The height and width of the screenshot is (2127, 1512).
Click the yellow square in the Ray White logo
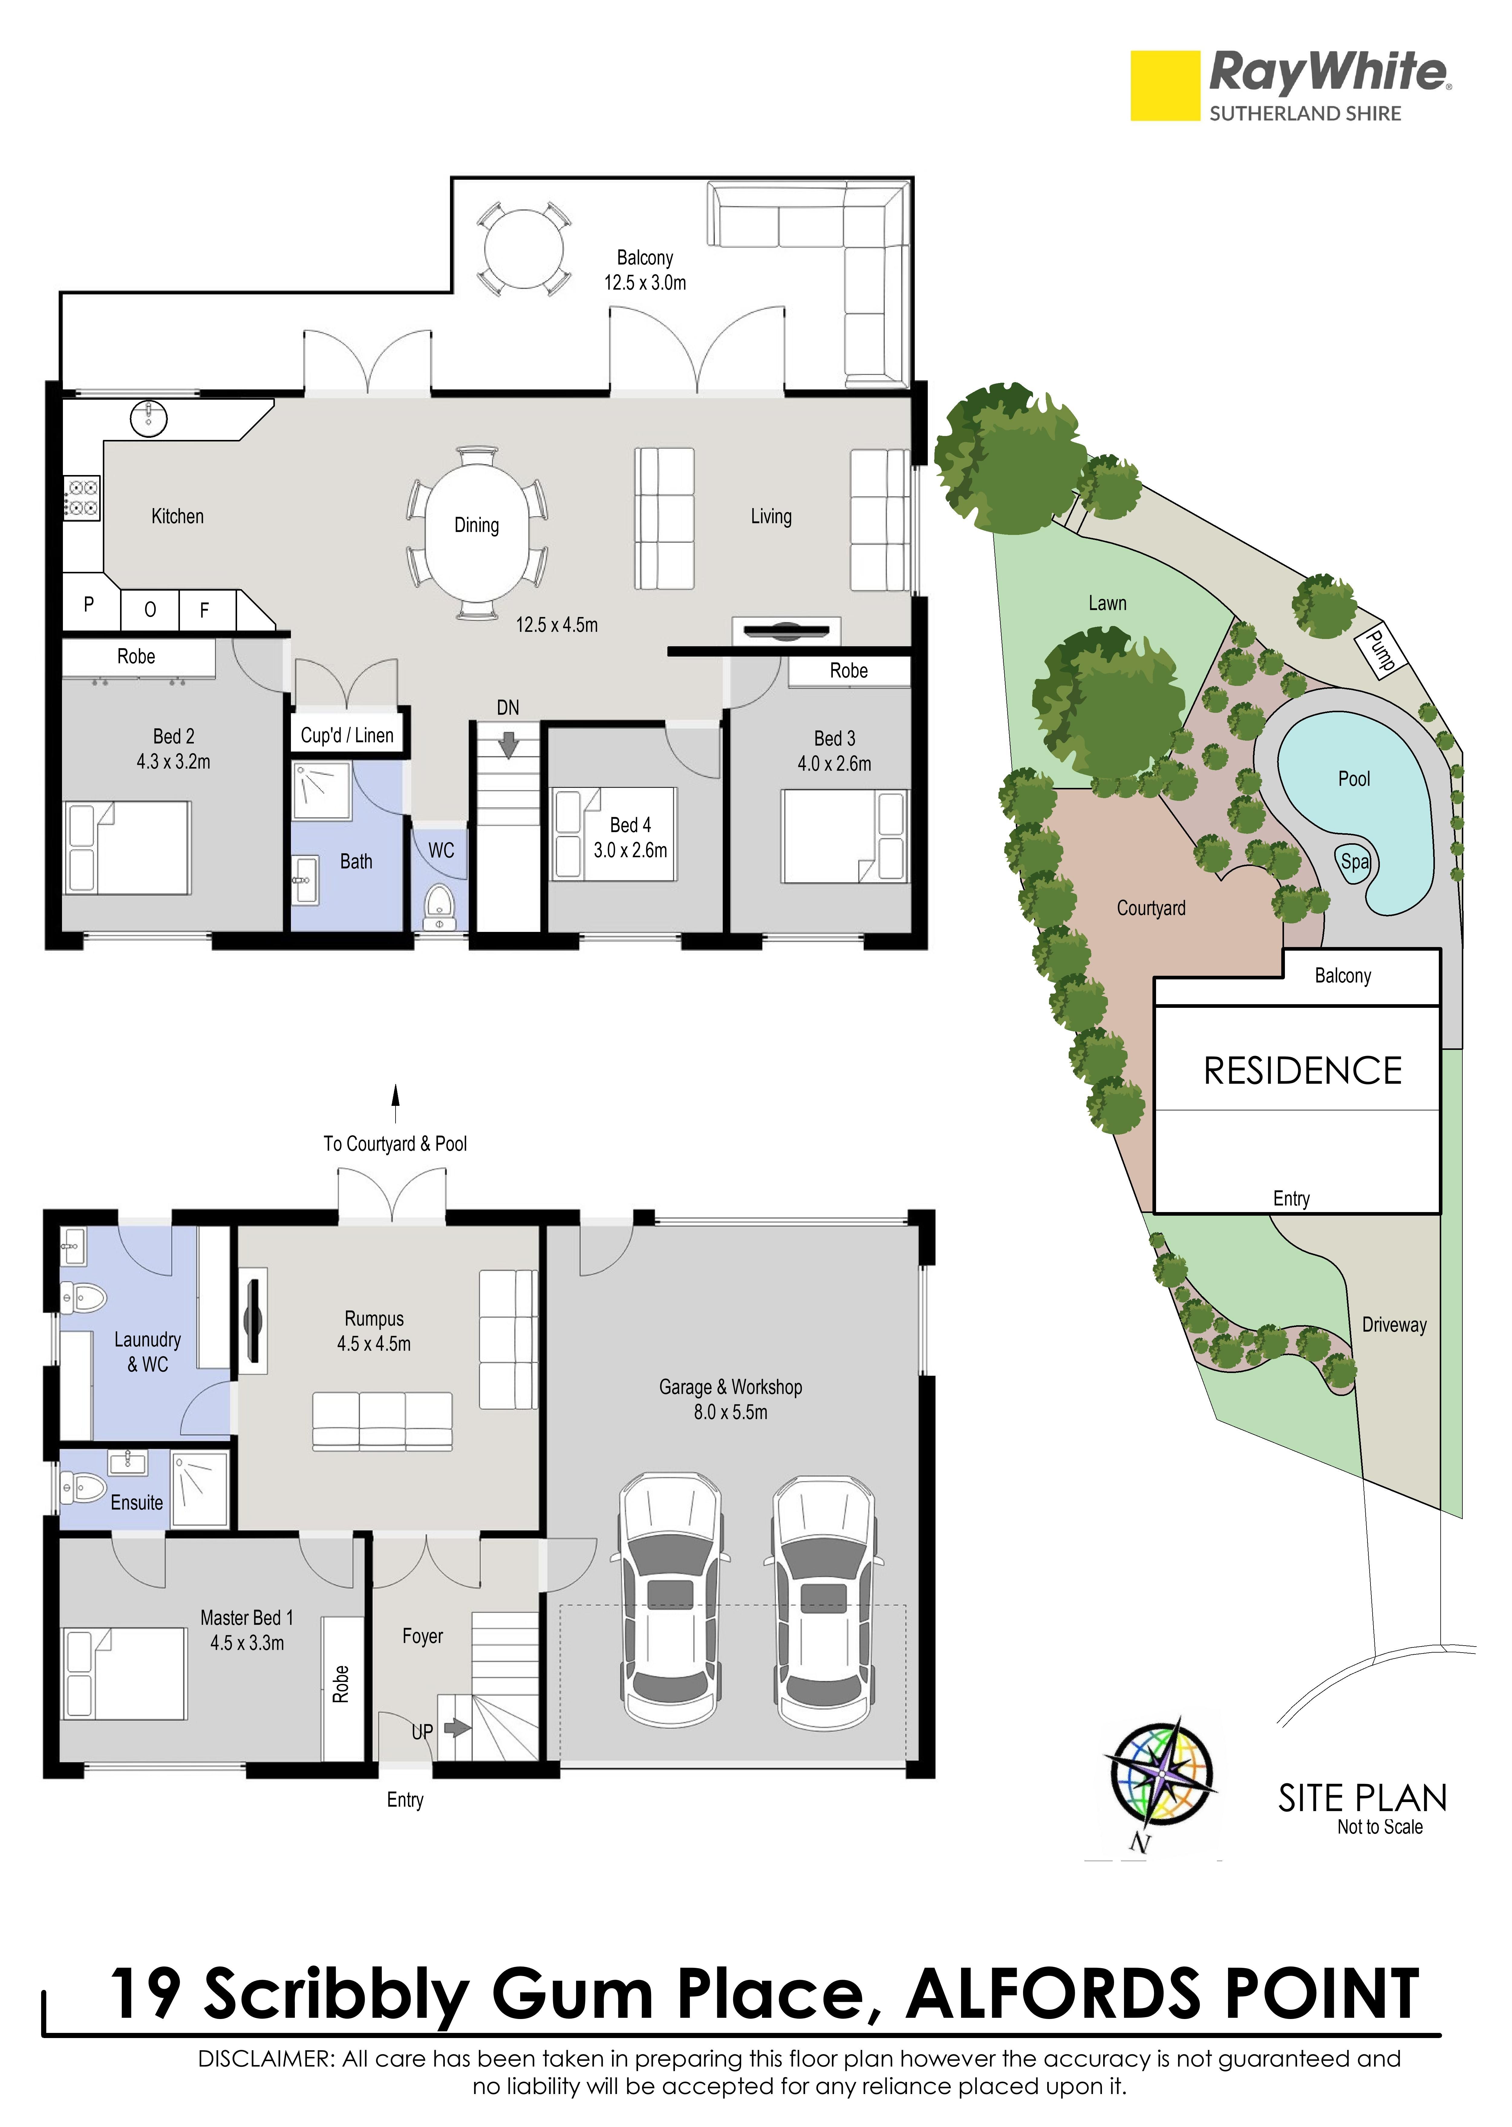click(x=1165, y=86)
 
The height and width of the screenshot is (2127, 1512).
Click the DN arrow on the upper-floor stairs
click(x=508, y=745)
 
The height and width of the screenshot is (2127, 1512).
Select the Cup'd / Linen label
click(x=347, y=735)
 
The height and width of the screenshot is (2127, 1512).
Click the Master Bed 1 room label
click(x=247, y=1617)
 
